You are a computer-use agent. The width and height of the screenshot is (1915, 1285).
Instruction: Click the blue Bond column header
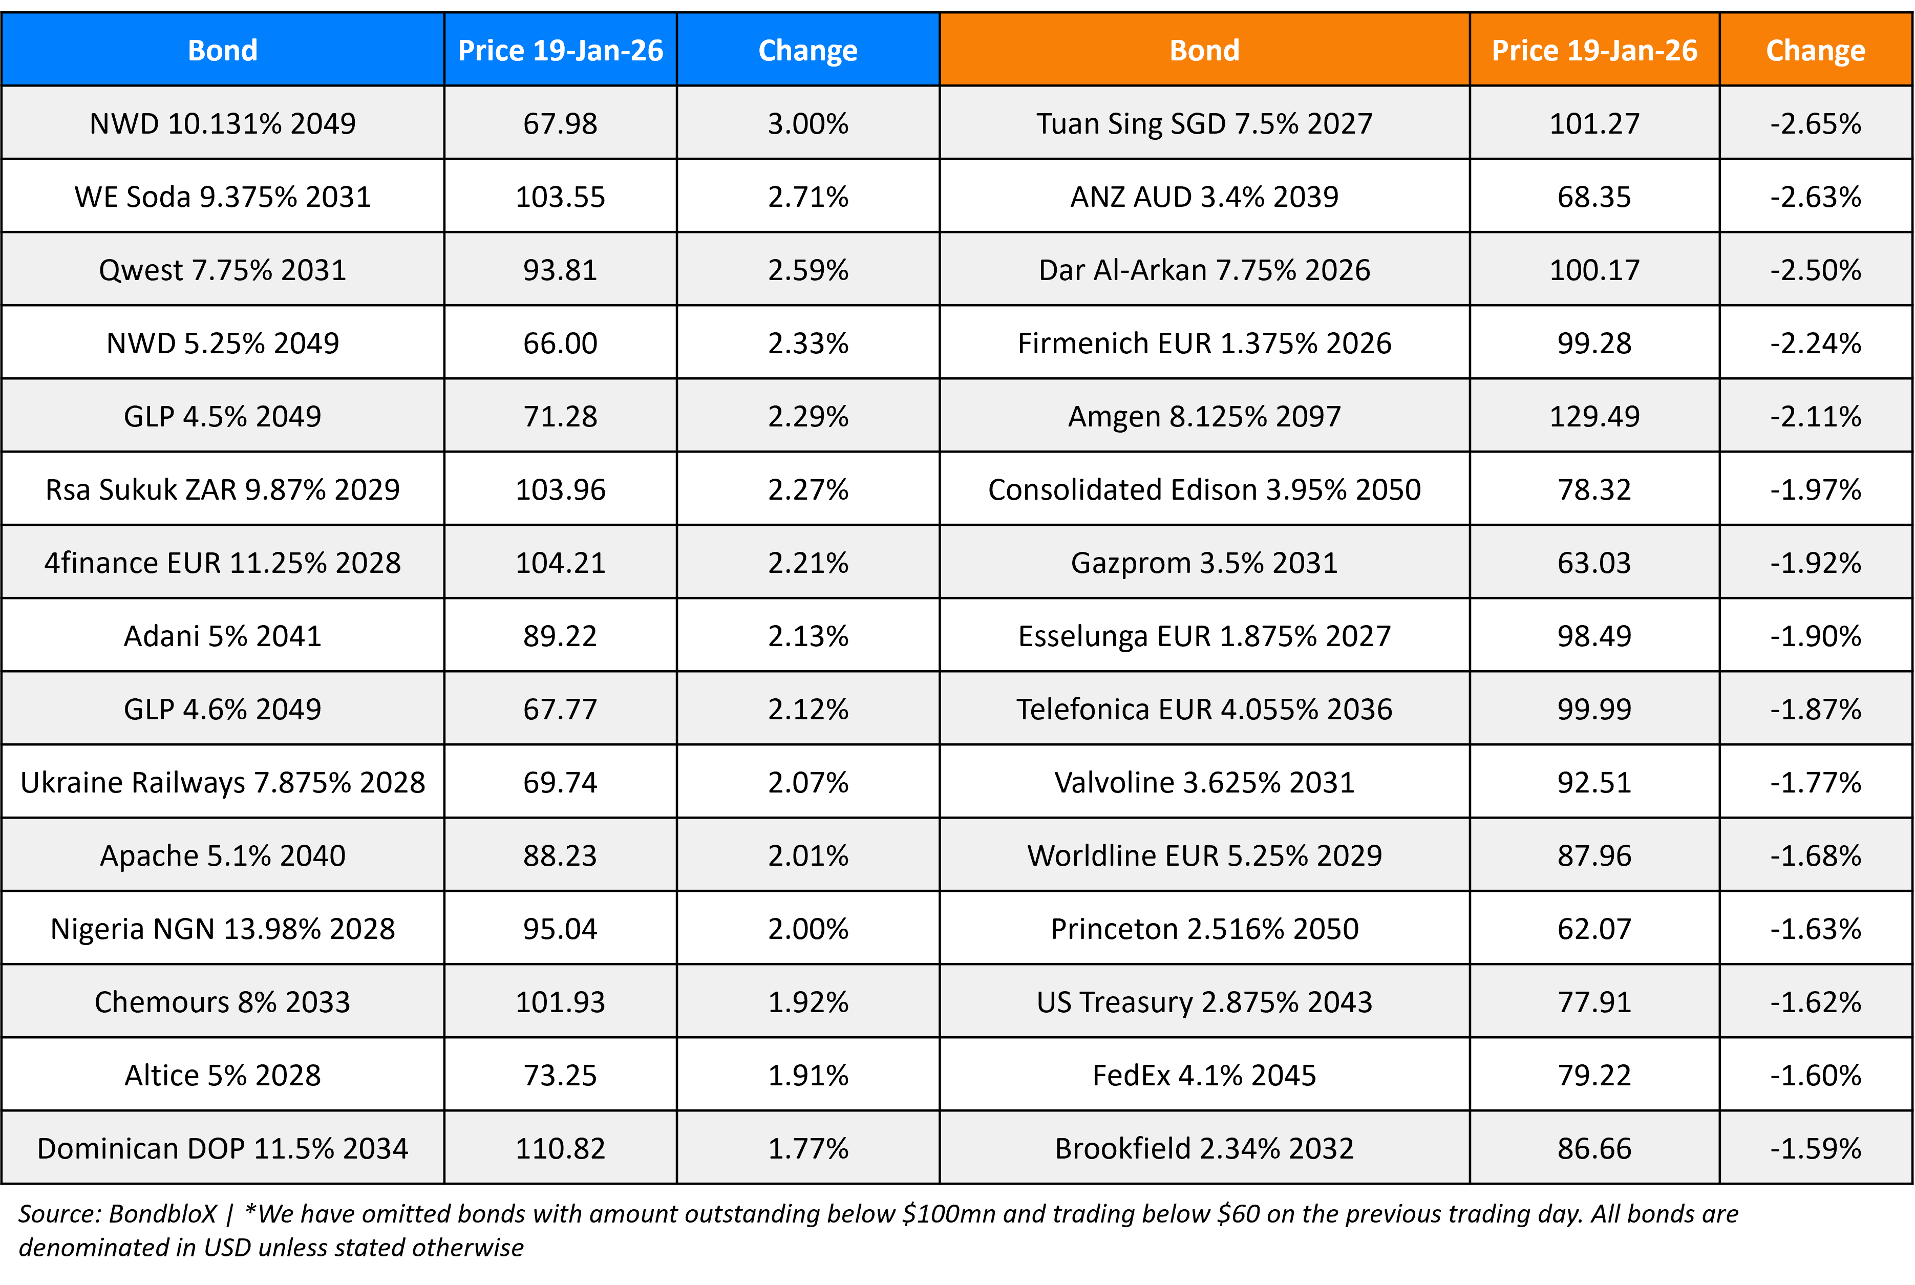tap(222, 50)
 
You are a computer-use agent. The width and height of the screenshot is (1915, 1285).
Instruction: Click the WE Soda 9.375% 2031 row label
tap(222, 197)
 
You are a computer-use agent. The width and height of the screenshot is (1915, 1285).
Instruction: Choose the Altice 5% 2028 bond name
tap(222, 1075)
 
